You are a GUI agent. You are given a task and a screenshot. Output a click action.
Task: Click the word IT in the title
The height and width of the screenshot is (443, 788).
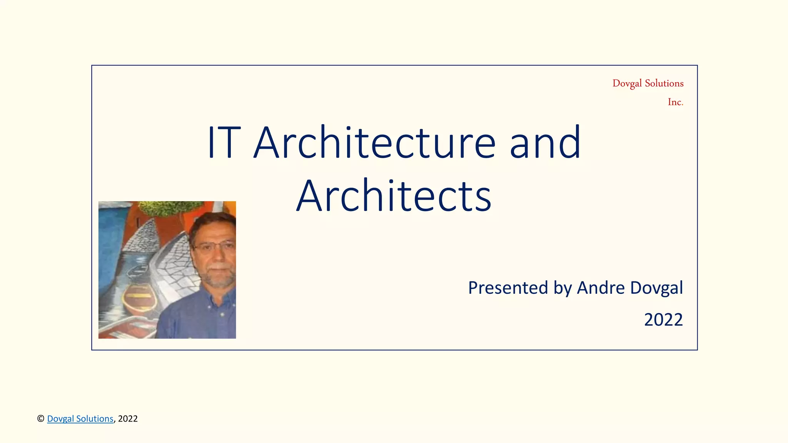(224, 142)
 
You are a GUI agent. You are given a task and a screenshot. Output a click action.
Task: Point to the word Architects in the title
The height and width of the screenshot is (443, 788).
(394, 196)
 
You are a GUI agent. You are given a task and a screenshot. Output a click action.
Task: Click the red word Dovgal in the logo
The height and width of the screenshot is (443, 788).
(627, 83)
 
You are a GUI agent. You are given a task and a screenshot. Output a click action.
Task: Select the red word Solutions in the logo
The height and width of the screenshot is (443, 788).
(664, 83)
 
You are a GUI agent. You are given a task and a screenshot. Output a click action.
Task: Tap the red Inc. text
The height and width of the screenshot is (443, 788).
(675, 102)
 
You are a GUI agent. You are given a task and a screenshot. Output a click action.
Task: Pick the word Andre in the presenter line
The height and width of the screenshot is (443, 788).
(601, 288)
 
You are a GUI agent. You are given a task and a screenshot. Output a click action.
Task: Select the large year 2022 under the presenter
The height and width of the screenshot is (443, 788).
(663, 320)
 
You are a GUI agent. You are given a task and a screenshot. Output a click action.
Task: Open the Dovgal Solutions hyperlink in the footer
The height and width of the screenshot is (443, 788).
(80, 418)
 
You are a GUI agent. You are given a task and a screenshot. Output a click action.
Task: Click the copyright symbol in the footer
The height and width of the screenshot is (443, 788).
(40, 418)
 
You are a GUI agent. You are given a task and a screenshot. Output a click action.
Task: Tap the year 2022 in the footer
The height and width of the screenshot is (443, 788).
(128, 418)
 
